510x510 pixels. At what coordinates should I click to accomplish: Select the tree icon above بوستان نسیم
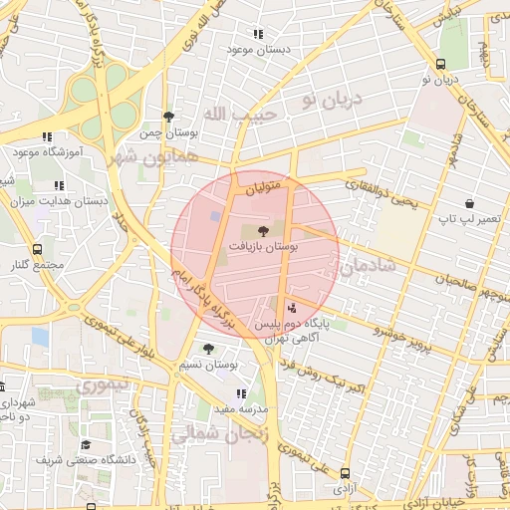tap(208, 349)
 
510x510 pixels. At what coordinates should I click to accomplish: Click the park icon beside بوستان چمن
tap(168, 117)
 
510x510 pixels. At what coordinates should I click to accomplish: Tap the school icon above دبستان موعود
tap(258, 33)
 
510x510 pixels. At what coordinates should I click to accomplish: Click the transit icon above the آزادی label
tap(345, 474)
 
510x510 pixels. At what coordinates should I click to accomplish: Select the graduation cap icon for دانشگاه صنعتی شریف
tap(86, 444)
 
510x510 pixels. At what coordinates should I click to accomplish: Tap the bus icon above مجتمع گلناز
tap(37, 249)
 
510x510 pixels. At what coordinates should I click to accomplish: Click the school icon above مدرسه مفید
tap(240, 392)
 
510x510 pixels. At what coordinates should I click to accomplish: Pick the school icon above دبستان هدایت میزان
tap(59, 184)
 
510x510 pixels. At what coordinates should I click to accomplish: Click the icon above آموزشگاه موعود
tap(46, 137)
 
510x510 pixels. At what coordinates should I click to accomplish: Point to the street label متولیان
tap(271, 182)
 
